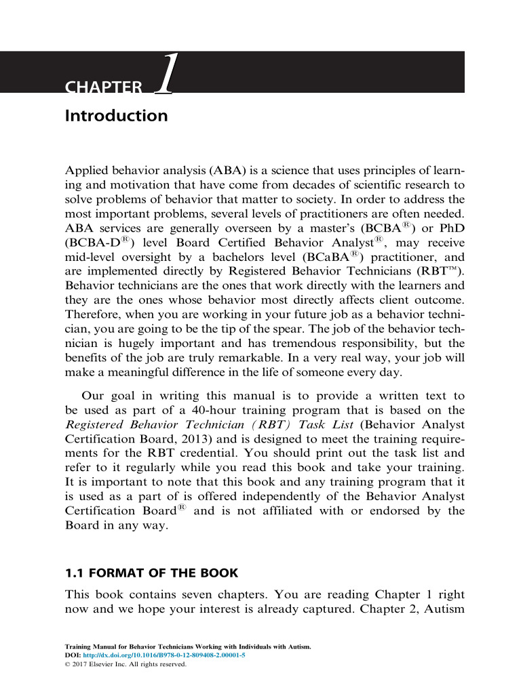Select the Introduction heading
point(116,116)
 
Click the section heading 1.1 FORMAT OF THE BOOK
point(151,573)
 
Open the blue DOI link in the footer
point(162,656)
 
